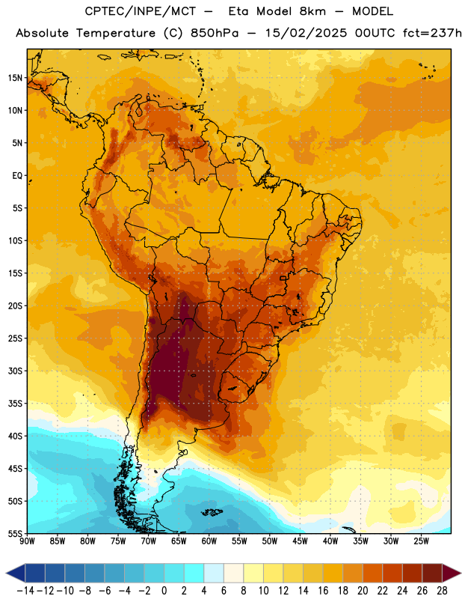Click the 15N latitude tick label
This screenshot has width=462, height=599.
click(15, 78)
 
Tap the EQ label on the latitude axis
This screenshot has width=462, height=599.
click(17, 176)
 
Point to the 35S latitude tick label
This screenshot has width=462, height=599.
click(15, 404)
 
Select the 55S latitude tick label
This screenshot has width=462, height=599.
click(15, 533)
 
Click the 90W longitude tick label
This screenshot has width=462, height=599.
click(27, 541)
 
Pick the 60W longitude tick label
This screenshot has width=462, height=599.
click(209, 541)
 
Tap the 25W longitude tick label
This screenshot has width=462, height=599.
click(421, 541)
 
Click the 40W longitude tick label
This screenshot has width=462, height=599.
click(330, 541)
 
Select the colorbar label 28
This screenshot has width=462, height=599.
click(442, 591)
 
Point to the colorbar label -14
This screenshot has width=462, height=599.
click(25, 591)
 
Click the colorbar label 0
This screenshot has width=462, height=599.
click(164, 591)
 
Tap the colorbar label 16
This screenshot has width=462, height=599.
click(323, 591)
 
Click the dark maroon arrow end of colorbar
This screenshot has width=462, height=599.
click(451, 573)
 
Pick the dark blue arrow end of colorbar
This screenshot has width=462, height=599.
click(16, 573)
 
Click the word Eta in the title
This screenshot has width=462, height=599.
click(238, 11)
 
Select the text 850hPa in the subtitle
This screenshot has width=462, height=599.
click(215, 33)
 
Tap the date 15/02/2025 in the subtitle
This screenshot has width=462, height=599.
click(307, 33)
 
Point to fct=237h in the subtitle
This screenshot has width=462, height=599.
click(432, 33)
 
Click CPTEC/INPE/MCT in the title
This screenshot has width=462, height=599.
click(141, 11)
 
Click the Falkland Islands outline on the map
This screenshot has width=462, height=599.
click(212, 512)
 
